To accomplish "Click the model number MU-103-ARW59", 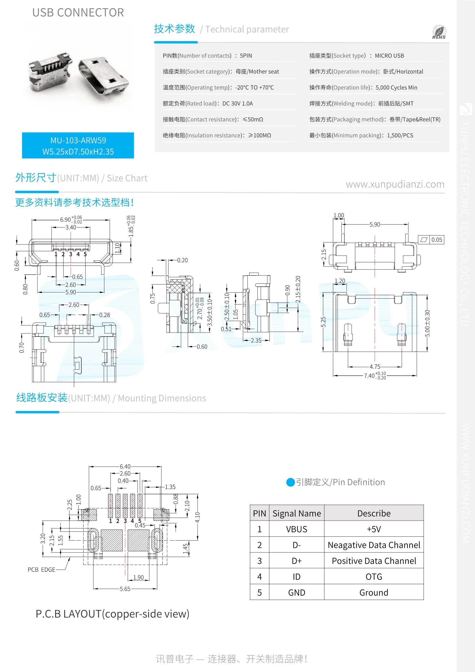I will point(78,141).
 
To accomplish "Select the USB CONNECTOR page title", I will point(78,13).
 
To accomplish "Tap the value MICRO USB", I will point(389,56).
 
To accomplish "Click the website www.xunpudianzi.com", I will point(395,184).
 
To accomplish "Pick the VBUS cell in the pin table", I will point(296,529).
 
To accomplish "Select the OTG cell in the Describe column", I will point(374,577).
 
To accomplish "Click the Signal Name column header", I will point(296,513).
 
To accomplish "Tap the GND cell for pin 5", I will point(296,592).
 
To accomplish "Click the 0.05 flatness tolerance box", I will point(436,240).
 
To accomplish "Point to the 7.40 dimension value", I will point(369,376).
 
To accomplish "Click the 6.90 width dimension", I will point(65,220).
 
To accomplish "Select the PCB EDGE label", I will point(41,570).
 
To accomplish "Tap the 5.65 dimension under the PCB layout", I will point(125,589).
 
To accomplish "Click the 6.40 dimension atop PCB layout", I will point(125,466).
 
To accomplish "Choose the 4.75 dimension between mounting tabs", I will point(375,367).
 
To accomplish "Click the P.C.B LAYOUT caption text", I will point(112,614).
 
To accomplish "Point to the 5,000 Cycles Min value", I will point(396,88).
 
